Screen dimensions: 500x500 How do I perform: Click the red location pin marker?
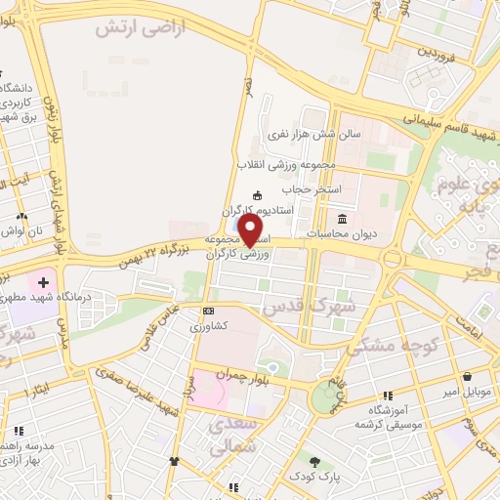pyautogui.click(x=251, y=230)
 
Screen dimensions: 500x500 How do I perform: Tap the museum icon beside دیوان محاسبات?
pyautogui.click(x=343, y=218)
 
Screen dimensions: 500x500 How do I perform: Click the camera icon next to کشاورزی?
pyautogui.click(x=208, y=311)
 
